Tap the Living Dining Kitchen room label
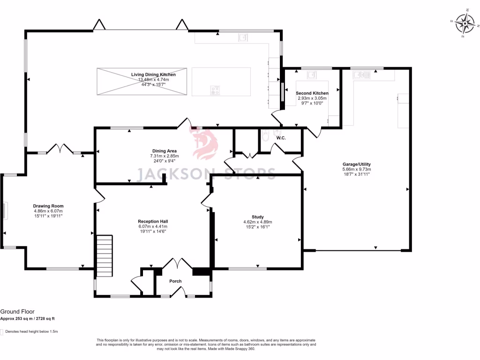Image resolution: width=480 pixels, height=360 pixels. coord(153,75)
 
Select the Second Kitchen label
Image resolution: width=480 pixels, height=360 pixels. coord(312,93)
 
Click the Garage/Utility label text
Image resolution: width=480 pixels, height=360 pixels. coord(356,164)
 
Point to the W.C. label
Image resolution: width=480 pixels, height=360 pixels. coord(281,138)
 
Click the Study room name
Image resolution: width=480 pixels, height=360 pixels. coord(257,217)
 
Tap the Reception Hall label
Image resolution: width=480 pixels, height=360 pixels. coord(153,221)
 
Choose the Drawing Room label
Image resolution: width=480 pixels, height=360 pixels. coord(48,206)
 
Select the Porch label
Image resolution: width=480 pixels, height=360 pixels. coord(175,281)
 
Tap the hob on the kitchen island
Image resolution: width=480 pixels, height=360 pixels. coord(216,90)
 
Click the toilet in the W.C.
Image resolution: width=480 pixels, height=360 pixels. coord(266,135)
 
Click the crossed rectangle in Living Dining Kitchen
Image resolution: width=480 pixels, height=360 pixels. coord(142,82)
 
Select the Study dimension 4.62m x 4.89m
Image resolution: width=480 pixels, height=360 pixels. coord(257,222)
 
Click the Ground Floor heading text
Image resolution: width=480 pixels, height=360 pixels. coord(17,311)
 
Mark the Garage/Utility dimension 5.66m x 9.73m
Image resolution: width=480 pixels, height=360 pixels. coord(356,169)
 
